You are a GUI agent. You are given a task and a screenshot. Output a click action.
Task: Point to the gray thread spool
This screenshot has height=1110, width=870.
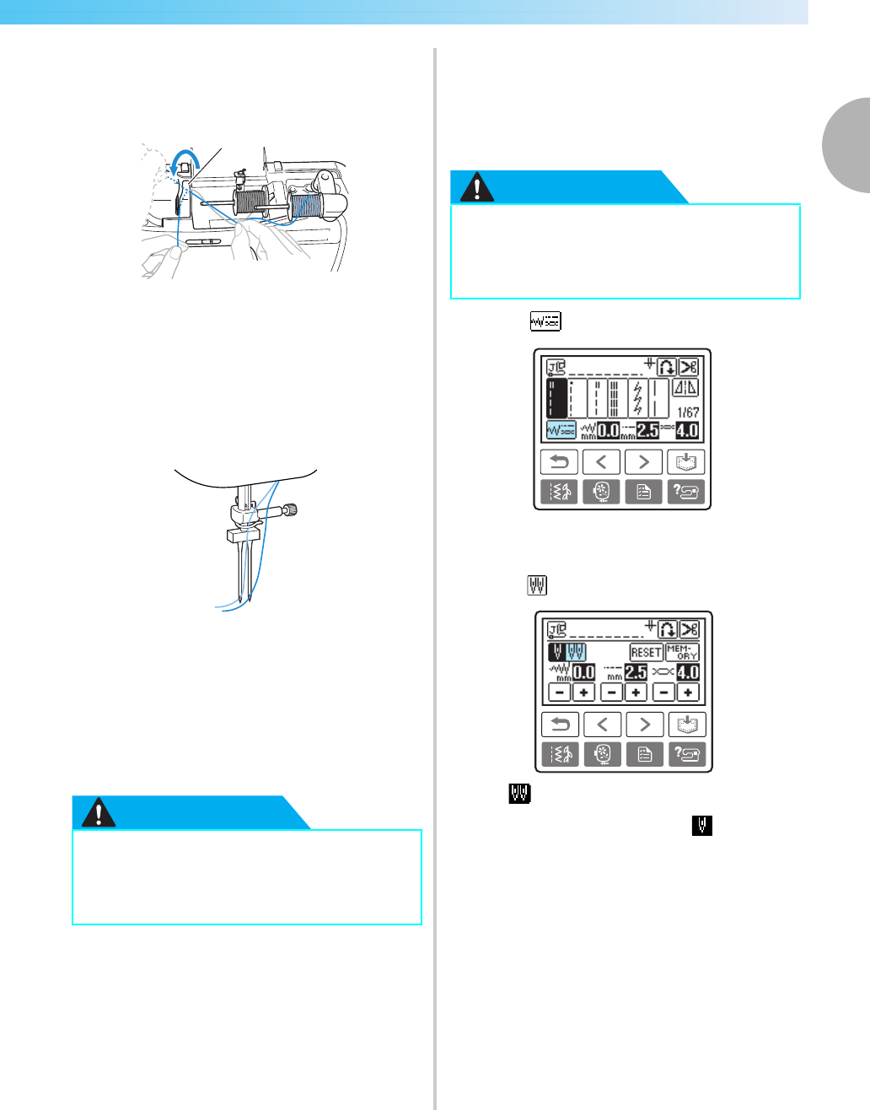click(249, 205)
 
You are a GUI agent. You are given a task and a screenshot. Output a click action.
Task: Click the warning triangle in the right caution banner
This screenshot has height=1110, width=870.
click(478, 188)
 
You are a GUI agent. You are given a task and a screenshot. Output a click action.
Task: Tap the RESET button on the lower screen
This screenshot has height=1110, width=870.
click(646, 652)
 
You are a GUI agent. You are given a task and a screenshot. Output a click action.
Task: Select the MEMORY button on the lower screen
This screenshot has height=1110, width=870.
click(682, 652)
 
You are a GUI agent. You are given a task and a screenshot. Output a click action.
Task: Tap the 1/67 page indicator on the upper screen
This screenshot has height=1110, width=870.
click(688, 412)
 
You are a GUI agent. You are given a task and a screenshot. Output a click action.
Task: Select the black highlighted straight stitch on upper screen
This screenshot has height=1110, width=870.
click(556, 397)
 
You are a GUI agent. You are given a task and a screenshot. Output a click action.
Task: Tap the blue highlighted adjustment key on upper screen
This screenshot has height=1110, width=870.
click(561, 430)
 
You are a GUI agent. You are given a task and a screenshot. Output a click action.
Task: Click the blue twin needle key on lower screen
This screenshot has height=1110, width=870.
click(577, 652)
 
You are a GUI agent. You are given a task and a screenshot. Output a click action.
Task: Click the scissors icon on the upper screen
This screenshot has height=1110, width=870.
click(689, 366)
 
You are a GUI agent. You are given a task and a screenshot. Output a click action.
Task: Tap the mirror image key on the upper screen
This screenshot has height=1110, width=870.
click(687, 388)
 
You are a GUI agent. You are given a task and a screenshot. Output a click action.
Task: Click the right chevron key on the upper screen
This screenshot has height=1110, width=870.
click(643, 462)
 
